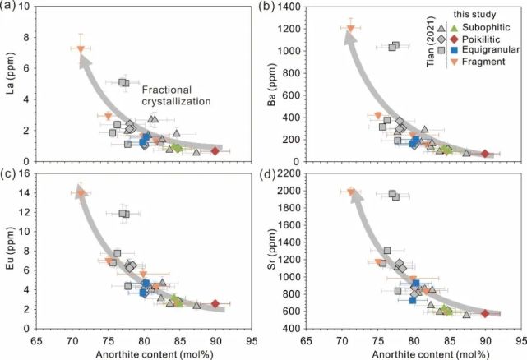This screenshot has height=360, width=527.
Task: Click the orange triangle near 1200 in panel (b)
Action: pos(351,29)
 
